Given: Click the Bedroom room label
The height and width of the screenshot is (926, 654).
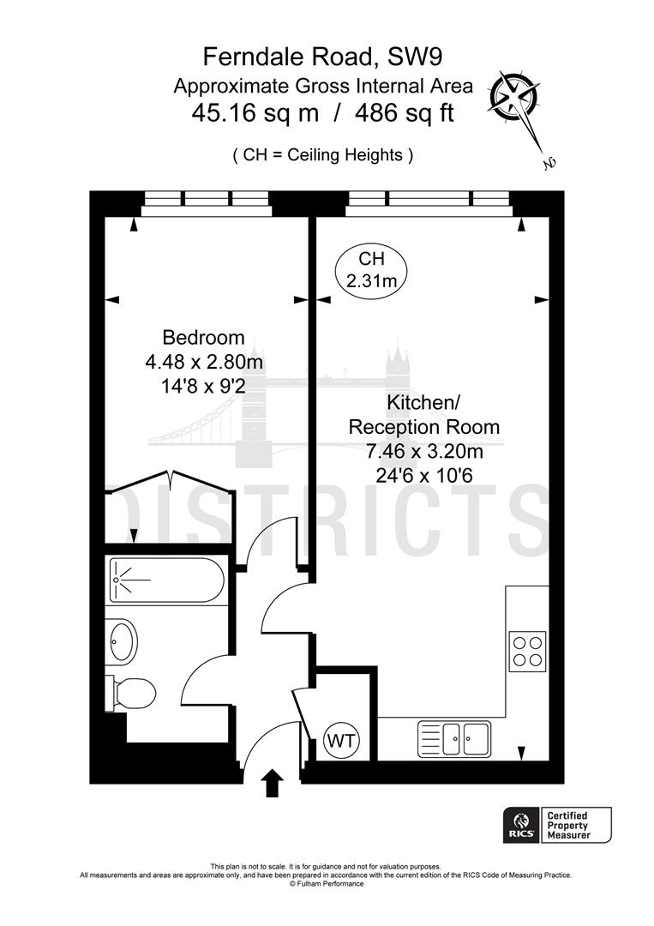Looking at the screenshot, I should pyautogui.click(x=204, y=338).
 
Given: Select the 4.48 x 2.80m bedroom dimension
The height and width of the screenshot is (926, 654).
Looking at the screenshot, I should pyautogui.click(x=204, y=363).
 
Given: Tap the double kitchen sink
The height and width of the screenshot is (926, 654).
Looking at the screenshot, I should pyautogui.click(x=453, y=737).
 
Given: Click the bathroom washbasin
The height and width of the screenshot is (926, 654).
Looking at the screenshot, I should pyautogui.click(x=123, y=640).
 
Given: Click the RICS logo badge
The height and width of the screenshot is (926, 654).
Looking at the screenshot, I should pyautogui.click(x=520, y=825).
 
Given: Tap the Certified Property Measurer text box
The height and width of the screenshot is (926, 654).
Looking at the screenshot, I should pyautogui.click(x=576, y=825).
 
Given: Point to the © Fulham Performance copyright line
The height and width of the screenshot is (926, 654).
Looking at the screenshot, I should pyautogui.click(x=326, y=884).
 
